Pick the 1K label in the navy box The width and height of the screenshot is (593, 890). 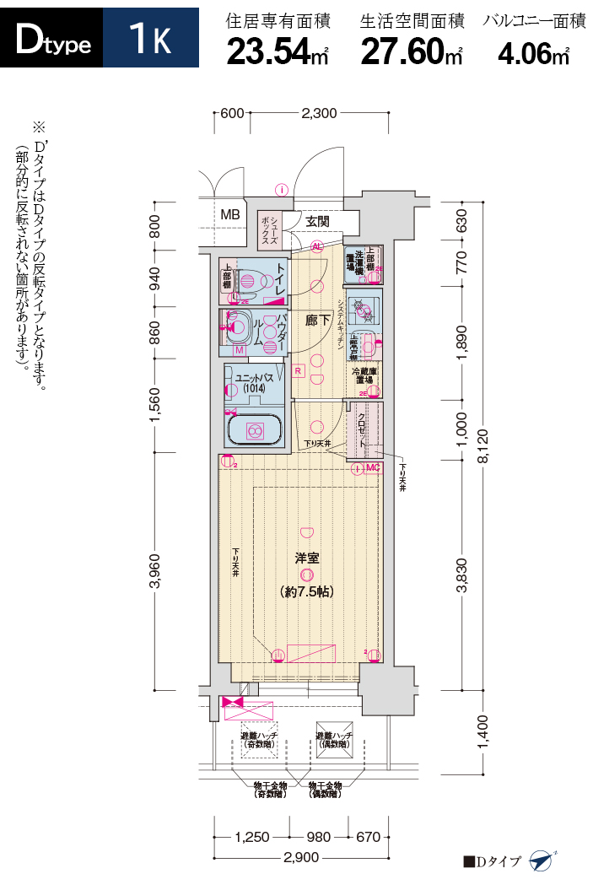tap(150, 39)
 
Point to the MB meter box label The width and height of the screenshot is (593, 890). tap(230, 214)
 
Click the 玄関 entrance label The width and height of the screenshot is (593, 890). tap(317, 221)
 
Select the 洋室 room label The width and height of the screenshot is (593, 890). tap(305, 558)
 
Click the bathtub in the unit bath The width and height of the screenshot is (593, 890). tap(252, 429)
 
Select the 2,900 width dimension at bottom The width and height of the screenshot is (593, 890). tap(300, 858)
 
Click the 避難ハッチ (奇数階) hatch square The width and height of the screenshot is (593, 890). tap(259, 738)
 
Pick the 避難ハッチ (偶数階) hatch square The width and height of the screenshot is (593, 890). tap(334, 738)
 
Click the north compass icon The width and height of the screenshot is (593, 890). tap(541, 861)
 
